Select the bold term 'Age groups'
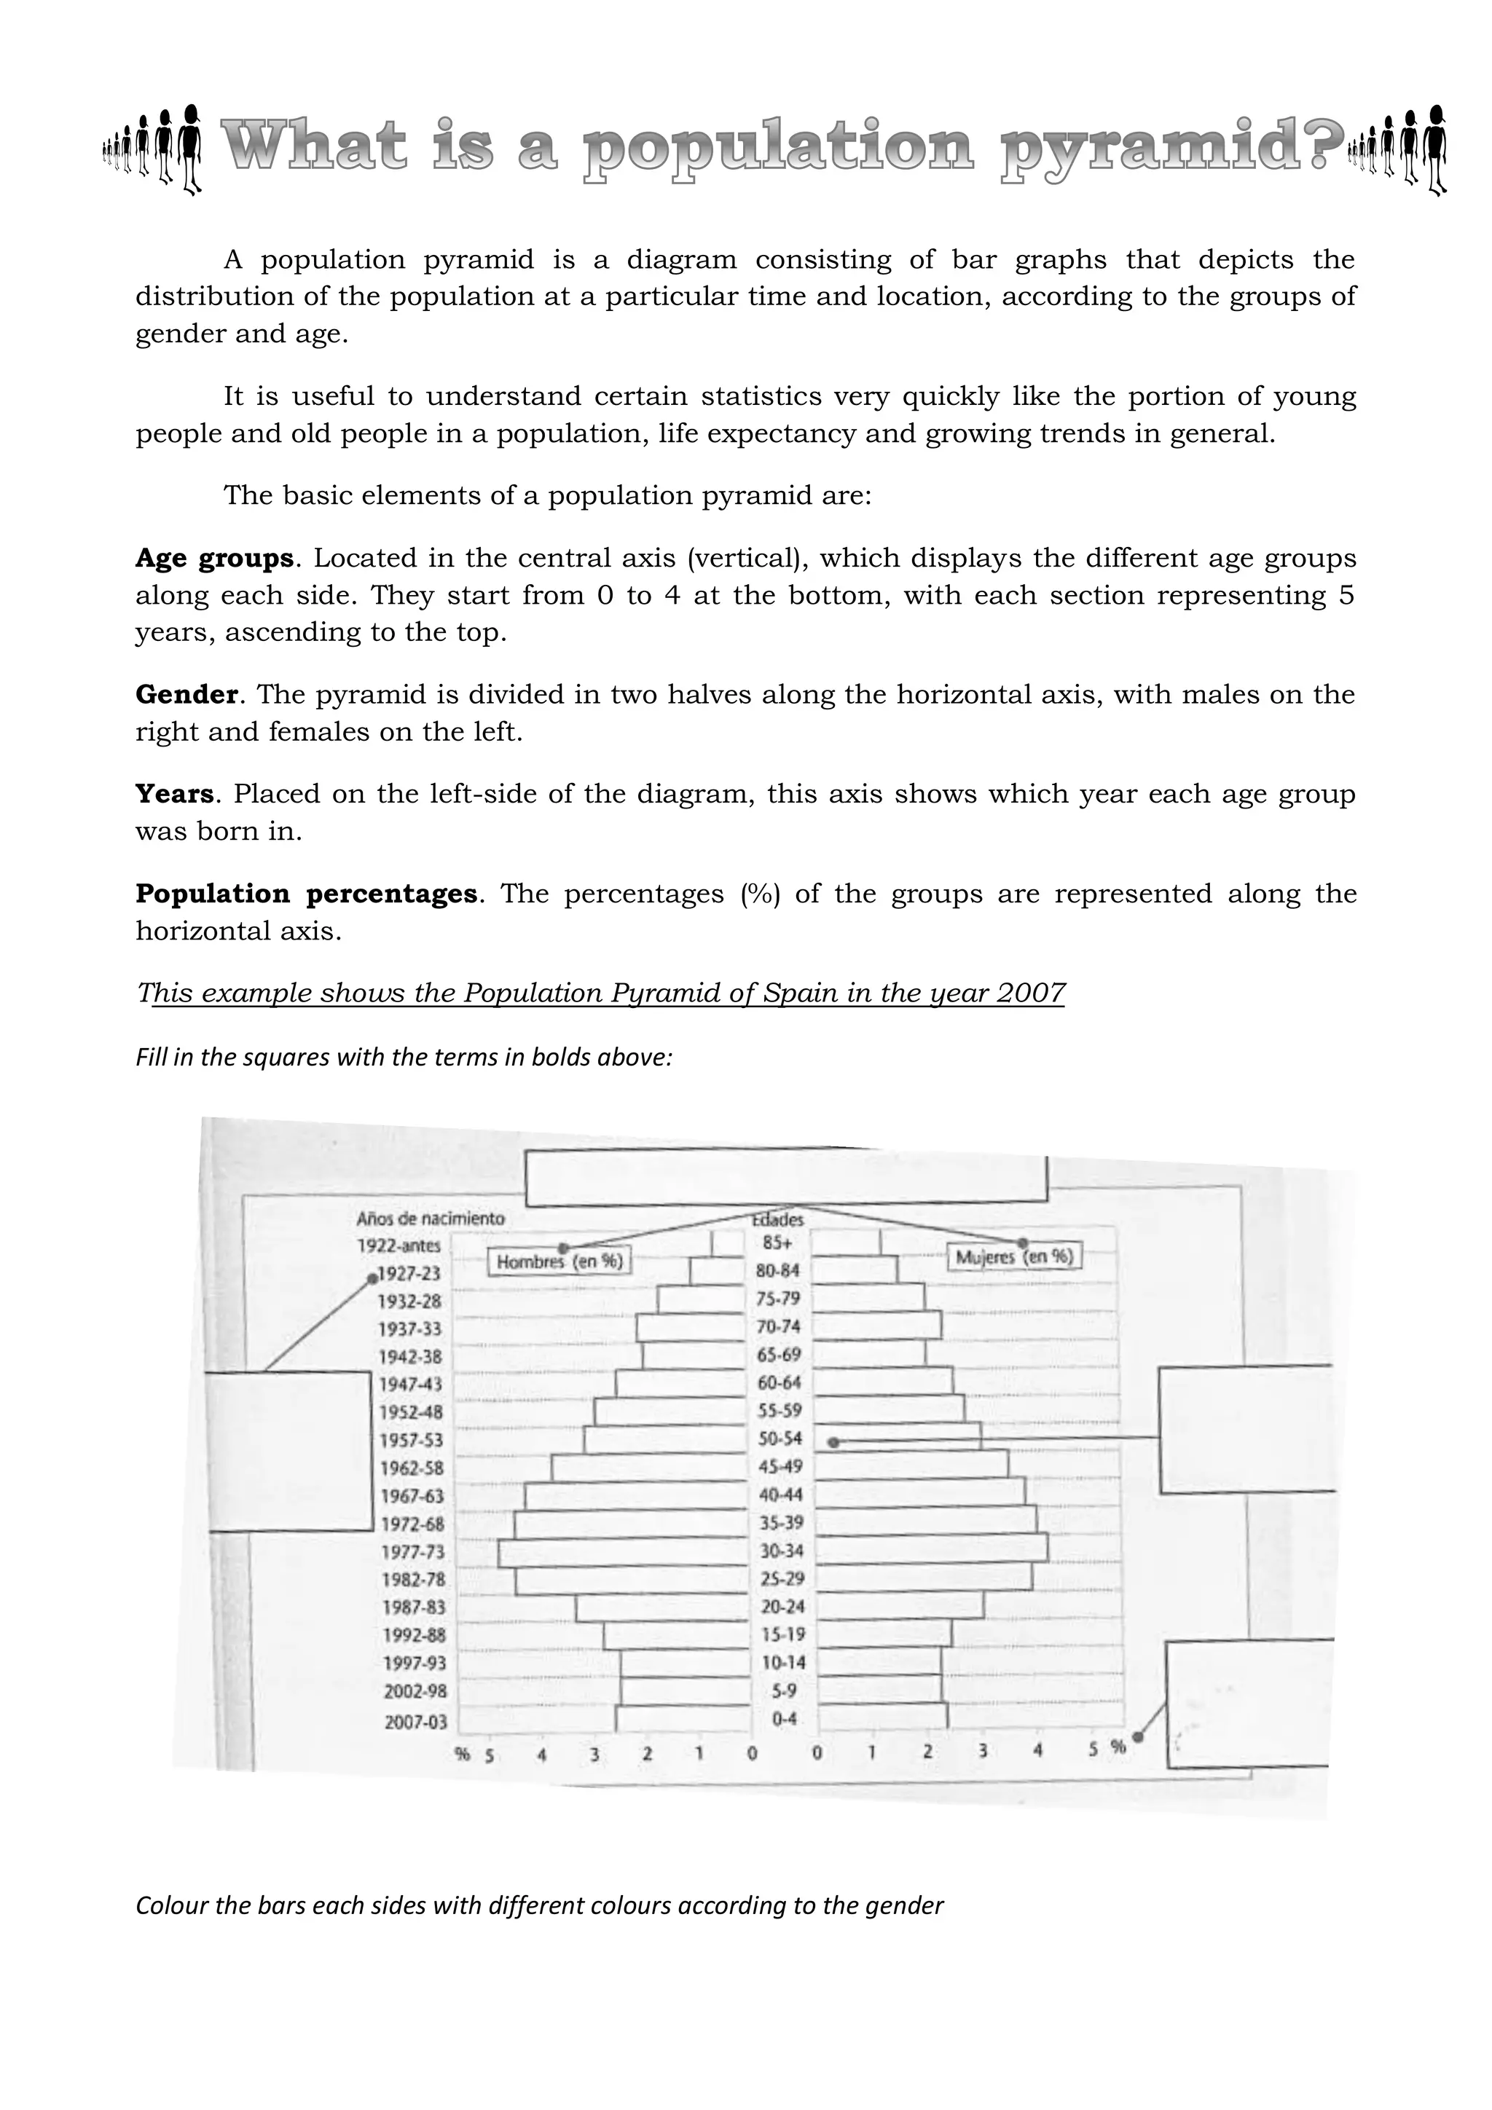[x=213, y=559]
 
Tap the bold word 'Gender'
[x=186, y=695]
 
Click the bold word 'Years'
[x=173, y=794]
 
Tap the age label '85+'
[x=777, y=1243]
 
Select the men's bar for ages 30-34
[x=622, y=1553]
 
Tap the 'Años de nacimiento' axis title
[x=431, y=1219]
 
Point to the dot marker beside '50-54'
[x=833, y=1443]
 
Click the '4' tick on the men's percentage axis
[x=541, y=1755]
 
